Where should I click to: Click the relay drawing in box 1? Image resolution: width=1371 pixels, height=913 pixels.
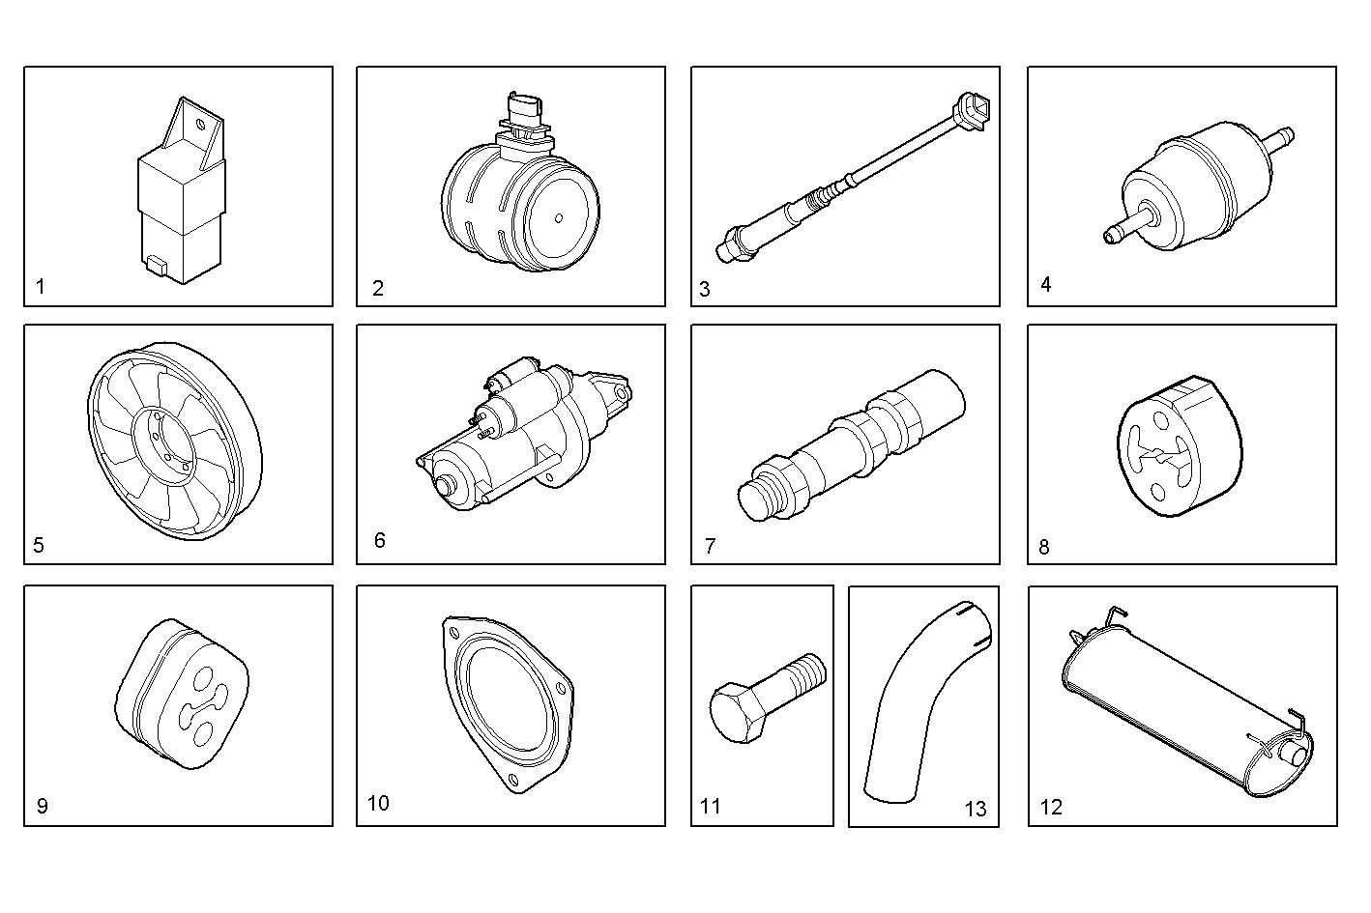(181, 190)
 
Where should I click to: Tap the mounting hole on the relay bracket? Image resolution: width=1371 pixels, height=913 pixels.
(200, 125)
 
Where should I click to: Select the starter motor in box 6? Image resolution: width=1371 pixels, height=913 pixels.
(523, 434)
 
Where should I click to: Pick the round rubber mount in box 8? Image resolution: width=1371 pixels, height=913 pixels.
(1180, 445)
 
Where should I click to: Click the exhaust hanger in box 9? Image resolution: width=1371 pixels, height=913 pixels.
(182, 694)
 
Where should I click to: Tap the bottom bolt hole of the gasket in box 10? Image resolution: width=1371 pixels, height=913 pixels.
(512, 781)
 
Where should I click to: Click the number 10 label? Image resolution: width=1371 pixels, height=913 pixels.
(378, 803)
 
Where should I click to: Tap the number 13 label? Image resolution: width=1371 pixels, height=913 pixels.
(976, 809)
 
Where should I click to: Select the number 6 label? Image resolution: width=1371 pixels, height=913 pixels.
(379, 540)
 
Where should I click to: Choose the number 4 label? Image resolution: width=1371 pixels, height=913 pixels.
(1046, 284)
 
